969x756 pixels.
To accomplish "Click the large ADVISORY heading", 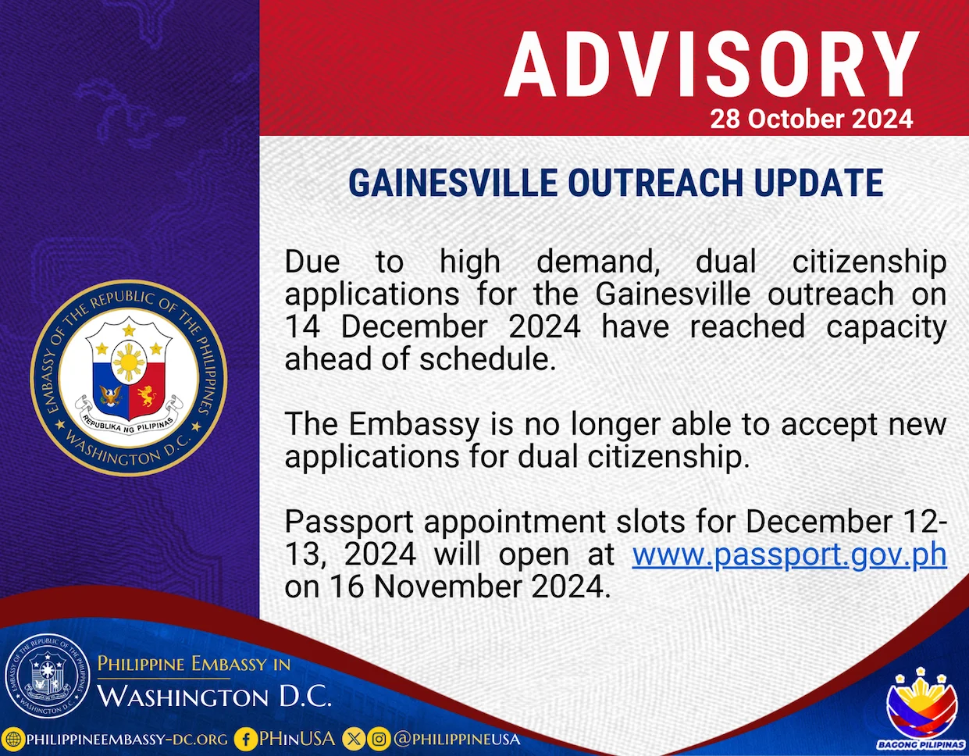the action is tap(711, 65).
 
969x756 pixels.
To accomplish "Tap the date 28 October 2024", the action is tap(811, 119).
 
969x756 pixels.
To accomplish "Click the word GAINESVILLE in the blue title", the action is tap(453, 183).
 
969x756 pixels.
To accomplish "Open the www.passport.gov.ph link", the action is tap(789, 555).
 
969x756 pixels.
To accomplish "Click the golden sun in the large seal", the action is tap(129, 362).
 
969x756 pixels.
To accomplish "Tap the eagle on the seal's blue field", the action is tap(111, 395).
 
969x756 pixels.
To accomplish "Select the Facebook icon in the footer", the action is tap(245, 739).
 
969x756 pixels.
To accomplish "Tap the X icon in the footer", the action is tap(353, 739).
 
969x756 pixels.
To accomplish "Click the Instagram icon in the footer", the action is tap(379, 739).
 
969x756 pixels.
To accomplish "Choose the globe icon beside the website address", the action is tap(13, 739).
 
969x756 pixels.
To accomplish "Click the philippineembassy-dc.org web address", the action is tap(127, 740).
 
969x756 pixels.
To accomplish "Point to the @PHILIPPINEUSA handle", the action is tap(457, 739).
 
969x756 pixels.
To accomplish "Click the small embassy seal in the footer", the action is tap(48, 676).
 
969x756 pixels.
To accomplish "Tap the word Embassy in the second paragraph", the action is tap(414, 424).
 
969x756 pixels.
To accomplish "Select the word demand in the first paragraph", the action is tap(598, 262).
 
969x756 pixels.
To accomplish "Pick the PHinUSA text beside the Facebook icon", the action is tap(297, 739).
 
